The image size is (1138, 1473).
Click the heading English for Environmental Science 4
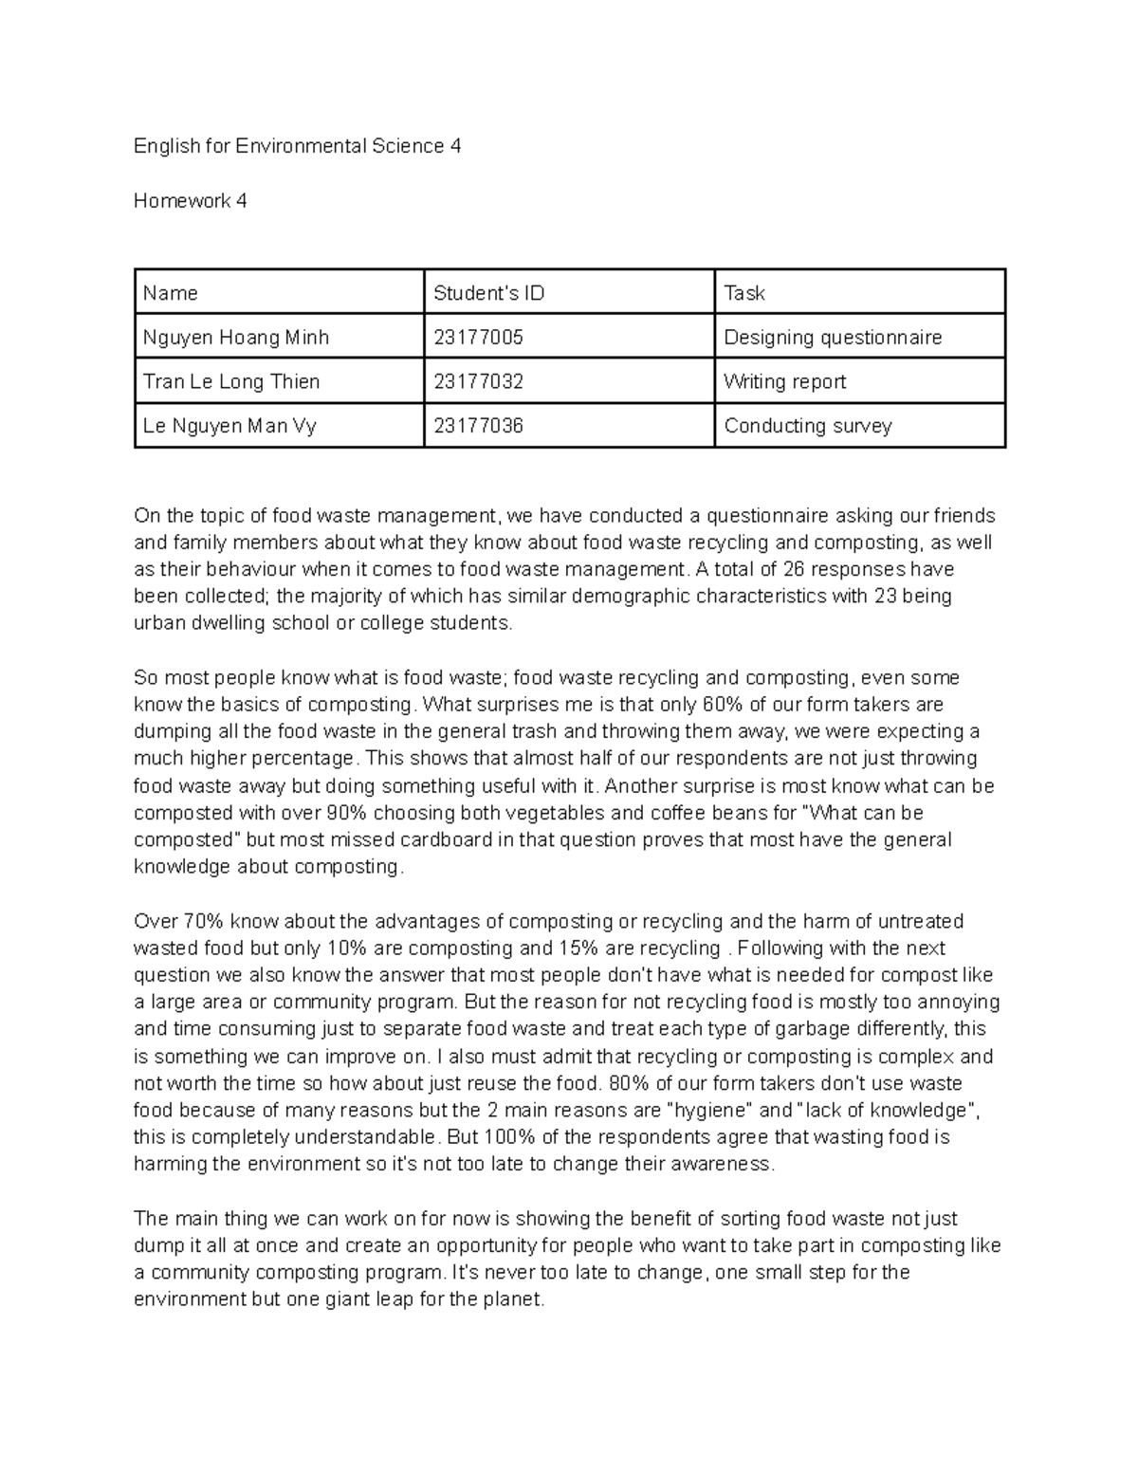tap(297, 146)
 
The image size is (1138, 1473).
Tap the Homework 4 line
tap(190, 200)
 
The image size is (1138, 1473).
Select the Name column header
tap(170, 293)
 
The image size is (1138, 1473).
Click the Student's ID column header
tap(488, 293)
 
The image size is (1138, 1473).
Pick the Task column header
tap(743, 293)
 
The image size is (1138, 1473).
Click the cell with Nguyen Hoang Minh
tap(236, 338)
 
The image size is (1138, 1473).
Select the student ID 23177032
tap(478, 381)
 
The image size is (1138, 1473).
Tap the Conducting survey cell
tap(807, 426)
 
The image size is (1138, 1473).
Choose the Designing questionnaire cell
tap(832, 338)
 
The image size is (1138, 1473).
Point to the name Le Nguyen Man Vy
tap(229, 426)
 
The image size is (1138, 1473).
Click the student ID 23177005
tap(478, 338)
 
